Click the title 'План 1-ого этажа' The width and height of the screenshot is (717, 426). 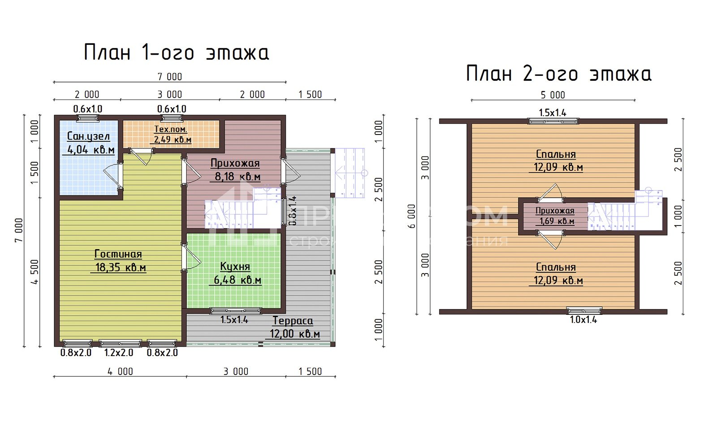click(176, 52)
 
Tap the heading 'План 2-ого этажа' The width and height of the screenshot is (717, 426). click(558, 74)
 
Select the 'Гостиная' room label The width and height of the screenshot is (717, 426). click(118, 254)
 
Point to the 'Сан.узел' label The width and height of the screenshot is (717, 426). click(88, 136)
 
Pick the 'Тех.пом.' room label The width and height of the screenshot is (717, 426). click(171, 129)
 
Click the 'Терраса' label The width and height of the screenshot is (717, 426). click(293, 321)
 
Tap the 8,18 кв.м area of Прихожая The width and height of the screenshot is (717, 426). click(238, 177)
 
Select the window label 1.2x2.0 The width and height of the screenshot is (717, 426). click(119, 352)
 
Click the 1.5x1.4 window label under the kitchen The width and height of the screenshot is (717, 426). click(234, 320)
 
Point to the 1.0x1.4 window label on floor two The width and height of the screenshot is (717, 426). click(583, 320)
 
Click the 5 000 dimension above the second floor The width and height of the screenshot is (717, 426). click(553, 95)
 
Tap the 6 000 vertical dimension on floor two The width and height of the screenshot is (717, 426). click(411, 216)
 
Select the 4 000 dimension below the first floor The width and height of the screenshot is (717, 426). click(120, 371)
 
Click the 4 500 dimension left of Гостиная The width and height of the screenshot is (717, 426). click(35, 272)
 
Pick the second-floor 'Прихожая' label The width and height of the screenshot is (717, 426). click(555, 211)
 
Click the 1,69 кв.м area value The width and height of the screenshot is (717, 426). click(557, 221)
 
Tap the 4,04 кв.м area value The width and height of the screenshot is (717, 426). click(91, 150)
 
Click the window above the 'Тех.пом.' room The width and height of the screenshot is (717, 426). click(172, 118)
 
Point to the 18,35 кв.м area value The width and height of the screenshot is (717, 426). click(121, 268)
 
